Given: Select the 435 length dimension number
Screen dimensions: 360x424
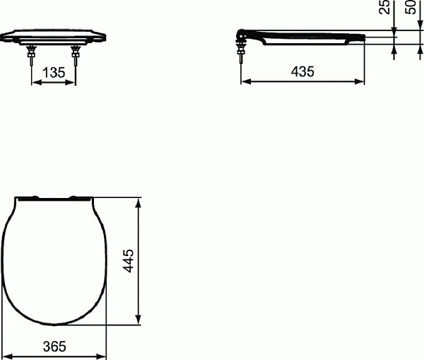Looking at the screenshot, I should (302, 71).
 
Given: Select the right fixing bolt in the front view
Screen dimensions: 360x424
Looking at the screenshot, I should (76, 57).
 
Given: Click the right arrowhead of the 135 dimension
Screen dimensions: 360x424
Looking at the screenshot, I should (73, 83).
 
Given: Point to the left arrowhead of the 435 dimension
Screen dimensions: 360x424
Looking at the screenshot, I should (245, 83).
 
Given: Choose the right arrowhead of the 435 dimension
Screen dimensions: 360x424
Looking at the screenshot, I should (362, 83).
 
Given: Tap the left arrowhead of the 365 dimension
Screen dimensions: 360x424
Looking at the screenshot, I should (4, 356).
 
